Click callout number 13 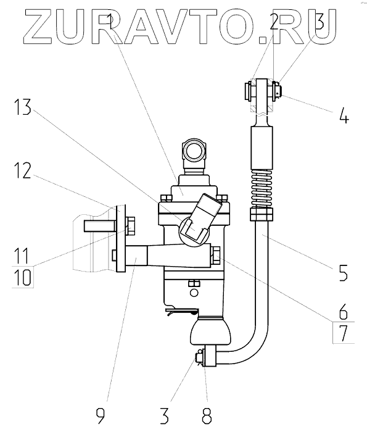point(23,107)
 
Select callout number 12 point(23,170)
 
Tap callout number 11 point(22,256)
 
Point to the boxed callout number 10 point(22,277)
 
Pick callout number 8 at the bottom point(207,415)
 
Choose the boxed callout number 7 point(344,333)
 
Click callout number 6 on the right point(343,312)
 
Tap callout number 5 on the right point(343,272)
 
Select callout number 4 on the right point(344,115)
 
